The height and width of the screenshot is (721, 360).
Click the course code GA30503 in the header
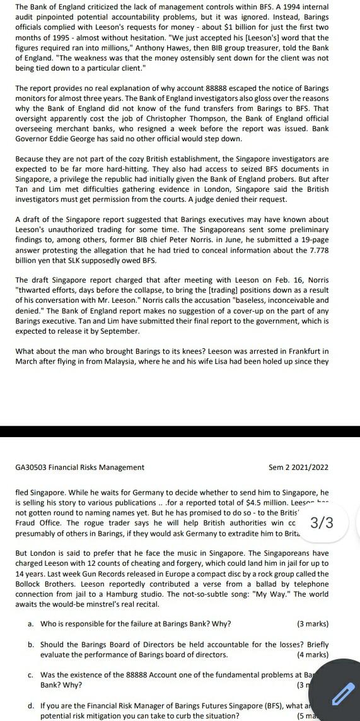[32, 467]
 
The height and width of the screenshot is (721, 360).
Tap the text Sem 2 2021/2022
[298, 467]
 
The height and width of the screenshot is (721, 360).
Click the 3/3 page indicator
[322, 522]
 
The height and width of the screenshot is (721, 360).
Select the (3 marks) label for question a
[313, 624]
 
